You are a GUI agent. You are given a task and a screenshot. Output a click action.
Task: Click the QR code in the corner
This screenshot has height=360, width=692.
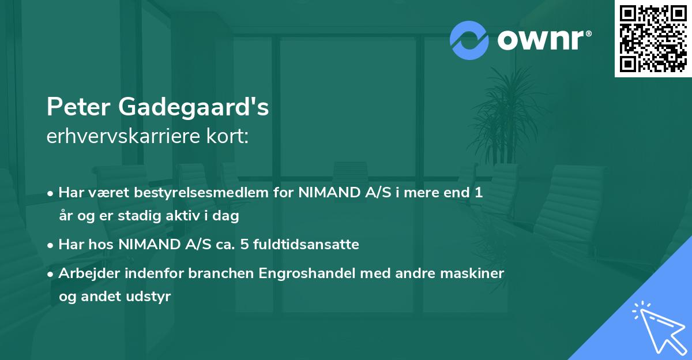click(653, 38)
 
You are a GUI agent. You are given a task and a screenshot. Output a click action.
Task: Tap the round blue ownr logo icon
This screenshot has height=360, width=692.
click(469, 40)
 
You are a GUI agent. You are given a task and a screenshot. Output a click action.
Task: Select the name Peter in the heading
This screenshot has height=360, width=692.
click(78, 107)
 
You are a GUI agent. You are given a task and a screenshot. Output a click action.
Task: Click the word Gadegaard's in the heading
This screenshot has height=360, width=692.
click(194, 108)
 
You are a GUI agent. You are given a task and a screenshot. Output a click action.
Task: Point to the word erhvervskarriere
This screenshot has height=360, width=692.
click(119, 137)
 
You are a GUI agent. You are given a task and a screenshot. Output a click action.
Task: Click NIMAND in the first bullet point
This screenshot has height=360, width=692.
click(326, 193)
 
